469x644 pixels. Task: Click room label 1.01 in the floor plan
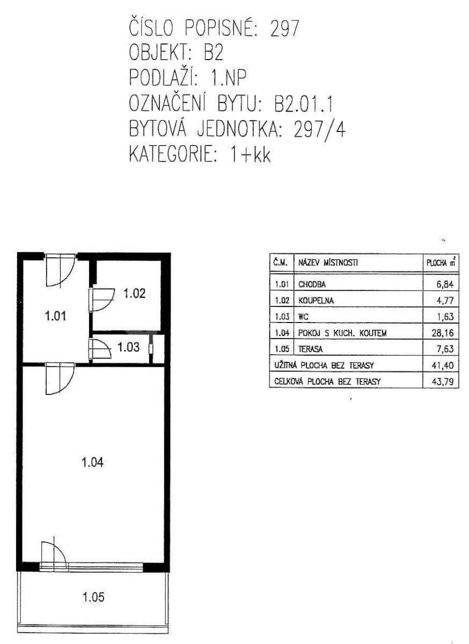[x=55, y=316]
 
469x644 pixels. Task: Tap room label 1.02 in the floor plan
[x=134, y=294]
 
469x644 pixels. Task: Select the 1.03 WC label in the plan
[x=128, y=347]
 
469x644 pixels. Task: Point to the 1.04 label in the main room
[x=92, y=463]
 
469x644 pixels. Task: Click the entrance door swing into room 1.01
[x=61, y=270]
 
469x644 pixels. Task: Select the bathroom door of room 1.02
[x=101, y=300]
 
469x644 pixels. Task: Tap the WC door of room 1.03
[x=100, y=348]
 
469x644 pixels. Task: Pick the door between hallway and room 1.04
[x=60, y=378]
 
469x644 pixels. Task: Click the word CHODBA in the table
[x=312, y=284]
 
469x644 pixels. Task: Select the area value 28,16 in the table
[x=443, y=333]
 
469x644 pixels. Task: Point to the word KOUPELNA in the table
[x=316, y=301]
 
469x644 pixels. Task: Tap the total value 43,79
[x=443, y=382]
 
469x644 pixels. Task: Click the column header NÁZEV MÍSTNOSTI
[x=328, y=262]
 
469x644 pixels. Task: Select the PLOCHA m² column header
[x=441, y=262]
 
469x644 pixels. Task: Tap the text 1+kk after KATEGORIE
[x=250, y=155]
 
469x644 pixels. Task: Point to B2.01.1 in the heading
[x=304, y=104]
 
